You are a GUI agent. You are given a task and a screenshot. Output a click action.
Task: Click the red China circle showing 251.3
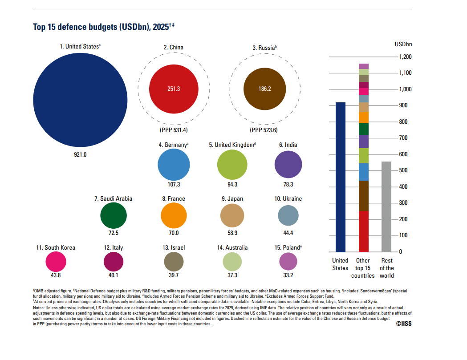tap(174, 89)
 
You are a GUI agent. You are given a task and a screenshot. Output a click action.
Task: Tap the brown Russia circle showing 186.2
tap(265, 89)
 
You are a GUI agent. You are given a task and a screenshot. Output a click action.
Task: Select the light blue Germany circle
tap(174, 165)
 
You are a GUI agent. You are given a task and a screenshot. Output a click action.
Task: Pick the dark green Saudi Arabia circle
tap(114, 215)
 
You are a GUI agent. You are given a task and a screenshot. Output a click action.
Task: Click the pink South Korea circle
tap(56, 262)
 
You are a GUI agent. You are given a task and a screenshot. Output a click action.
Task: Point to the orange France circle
tap(174, 215)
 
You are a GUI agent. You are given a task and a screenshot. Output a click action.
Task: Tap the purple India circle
tap(288, 164)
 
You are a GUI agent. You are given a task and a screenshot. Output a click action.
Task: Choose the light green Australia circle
tap(232, 262)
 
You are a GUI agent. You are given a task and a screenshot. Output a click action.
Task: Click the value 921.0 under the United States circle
tap(80, 154)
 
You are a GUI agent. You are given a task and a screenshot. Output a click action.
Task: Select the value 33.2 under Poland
tap(288, 275)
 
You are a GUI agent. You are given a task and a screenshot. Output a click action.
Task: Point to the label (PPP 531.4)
tap(174, 130)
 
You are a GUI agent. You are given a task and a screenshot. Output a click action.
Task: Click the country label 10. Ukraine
tap(288, 198)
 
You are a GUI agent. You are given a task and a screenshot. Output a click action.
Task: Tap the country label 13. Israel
tap(174, 248)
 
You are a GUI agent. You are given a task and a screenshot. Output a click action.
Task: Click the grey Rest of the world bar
tap(386, 207)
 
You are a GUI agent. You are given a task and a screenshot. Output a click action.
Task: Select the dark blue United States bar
tap(341, 177)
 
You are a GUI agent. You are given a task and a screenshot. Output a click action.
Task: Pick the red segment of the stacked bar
tap(364, 231)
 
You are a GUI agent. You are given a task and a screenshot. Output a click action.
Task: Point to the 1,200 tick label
tap(406, 57)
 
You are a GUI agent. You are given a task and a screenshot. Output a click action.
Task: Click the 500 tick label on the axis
tap(403, 170)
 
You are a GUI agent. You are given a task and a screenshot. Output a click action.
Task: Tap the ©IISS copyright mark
tap(404, 324)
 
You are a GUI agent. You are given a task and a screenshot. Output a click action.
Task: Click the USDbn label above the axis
tap(403, 44)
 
